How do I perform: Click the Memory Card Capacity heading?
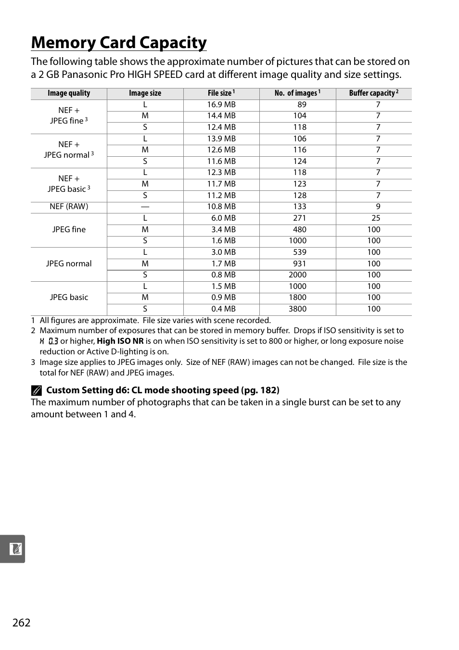[119, 43]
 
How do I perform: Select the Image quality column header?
[69, 93]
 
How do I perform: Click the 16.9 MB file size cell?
[221, 105]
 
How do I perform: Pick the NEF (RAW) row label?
[69, 207]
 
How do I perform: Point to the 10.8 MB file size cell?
[221, 207]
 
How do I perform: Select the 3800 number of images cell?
[297, 309]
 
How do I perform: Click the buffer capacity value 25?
[376, 218]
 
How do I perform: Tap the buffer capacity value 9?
[378, 207]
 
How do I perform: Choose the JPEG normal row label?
[69, 263]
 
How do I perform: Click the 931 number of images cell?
[299, 263]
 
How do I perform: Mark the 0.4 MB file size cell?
[223, 309]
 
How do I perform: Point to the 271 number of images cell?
[299, 218]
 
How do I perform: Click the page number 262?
[22, 623]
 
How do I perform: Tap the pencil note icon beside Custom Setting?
[37, 390]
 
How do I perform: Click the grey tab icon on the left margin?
[13, 549]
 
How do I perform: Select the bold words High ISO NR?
[120, 341]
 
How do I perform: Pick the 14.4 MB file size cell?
[221, 116]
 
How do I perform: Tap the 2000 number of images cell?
[297, 275]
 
